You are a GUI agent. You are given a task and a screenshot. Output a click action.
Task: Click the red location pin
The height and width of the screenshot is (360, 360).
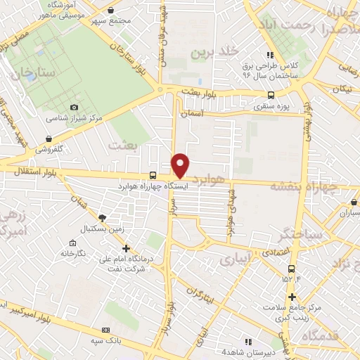[181, 165]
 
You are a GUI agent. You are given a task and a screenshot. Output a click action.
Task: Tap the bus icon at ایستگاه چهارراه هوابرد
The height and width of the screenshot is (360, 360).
[153, 176]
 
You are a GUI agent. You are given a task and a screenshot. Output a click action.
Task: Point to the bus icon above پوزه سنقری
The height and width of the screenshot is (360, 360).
[271, 96]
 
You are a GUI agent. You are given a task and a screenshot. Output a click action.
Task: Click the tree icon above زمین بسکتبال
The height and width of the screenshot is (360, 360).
[103, 217]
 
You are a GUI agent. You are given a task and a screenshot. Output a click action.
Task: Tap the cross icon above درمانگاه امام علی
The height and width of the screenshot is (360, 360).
[126, 247]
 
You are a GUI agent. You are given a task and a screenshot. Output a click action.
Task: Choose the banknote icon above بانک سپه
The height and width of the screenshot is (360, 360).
[106, 330]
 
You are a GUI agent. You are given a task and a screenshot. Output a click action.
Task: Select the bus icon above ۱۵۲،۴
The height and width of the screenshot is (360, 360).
[291, 269]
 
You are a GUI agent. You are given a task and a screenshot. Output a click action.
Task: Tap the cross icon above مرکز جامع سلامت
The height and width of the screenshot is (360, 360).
[292, 296]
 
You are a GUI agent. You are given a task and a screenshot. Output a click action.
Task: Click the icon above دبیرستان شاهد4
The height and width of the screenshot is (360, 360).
[247, 341]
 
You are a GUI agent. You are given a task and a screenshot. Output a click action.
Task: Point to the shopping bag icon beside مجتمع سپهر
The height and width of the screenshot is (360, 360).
[113, 11]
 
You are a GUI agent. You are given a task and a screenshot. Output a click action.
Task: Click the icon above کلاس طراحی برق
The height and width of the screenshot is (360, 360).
[268, 55]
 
